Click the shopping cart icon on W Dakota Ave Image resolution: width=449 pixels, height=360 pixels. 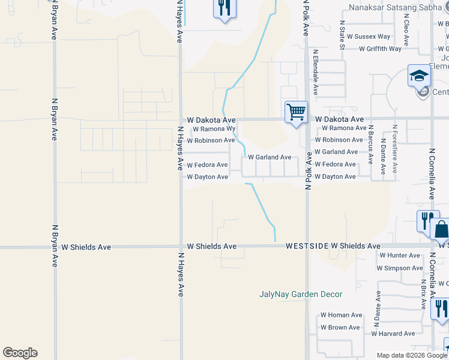click(x=296, y=112)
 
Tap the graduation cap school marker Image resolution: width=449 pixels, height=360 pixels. click(x=419, y=76)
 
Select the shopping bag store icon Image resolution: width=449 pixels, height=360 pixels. click(x=441, y=230)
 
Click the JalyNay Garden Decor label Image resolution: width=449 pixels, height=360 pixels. click(x=301, y=294)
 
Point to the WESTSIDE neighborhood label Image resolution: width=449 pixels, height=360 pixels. click(x=307, y=246)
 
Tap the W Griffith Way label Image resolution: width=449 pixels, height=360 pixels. click(x=380, y=49)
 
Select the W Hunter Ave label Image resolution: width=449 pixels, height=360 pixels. click(x=399, y=256)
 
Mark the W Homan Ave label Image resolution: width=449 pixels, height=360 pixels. click(x=341, y=315)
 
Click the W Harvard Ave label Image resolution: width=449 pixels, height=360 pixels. click(x=393, y=334)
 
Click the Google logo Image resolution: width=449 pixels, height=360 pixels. click(x=20, y=353)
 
